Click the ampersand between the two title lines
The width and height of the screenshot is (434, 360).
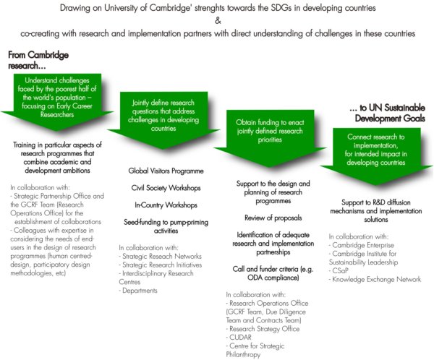coord(218,20)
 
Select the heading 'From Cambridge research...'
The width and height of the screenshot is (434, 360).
coord(38,60)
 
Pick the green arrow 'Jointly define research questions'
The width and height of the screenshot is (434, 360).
coord(163,120)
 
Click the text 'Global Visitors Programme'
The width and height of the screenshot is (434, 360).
coord(166,171)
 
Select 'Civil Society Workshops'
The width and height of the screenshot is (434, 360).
coord(166,188)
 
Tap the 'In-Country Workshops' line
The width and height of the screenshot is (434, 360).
coord(166,205)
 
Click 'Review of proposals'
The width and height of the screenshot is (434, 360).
coord(273,218)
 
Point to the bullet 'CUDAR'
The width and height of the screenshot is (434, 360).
coord(239,338)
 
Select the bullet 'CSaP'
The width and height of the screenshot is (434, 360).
coord(339,270)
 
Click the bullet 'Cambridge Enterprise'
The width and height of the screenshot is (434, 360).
coord(361,245)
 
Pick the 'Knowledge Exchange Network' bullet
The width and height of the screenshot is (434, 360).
coord(375,279)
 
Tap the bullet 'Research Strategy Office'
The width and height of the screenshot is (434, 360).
coord(263,329)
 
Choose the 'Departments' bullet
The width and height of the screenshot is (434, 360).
coord(138,291)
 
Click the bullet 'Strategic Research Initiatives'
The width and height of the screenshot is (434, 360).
coord(161,265)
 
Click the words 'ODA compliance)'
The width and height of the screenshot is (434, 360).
coord(273,278)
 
